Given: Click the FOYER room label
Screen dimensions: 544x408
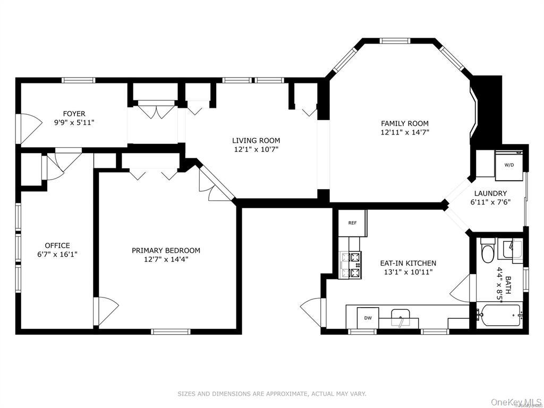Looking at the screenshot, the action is [74, 114].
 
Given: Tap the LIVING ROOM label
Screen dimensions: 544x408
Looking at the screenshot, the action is [256, 140].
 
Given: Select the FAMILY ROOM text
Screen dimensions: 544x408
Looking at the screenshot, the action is [404, 123].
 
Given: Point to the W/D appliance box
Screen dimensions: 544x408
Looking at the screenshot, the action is [509, 165].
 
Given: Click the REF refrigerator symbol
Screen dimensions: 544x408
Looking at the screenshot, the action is [353, 223].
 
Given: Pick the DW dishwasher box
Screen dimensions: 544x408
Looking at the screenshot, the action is [368, 318].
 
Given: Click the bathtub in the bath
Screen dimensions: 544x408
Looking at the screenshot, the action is [499, 315].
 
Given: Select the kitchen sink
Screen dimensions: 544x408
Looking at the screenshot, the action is [401, 318].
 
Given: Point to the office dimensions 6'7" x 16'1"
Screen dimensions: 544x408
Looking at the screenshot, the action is [57, 254].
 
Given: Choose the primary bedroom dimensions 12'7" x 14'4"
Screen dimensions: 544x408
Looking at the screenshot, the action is [166, 259].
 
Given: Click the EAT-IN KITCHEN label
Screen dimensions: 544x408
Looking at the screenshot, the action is [408, 263].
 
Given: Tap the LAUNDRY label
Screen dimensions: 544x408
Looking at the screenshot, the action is [490, 193].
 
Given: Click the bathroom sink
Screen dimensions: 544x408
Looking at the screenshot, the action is [510, 248].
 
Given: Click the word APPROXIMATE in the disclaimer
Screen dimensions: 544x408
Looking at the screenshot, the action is [283, 394].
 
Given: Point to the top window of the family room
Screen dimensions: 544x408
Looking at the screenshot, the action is [395, 40].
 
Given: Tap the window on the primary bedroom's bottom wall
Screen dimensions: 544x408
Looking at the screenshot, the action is [171, 331].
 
